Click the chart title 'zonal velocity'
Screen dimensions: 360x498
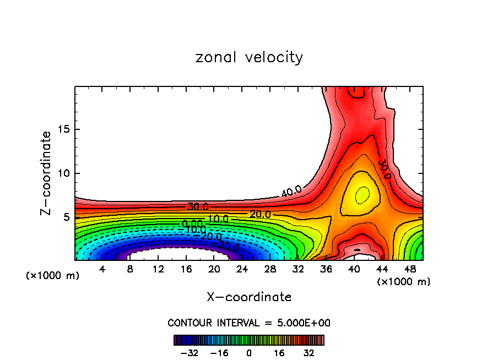[249, 57]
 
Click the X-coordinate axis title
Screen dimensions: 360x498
[249, 297]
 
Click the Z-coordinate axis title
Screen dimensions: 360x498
[46, 173]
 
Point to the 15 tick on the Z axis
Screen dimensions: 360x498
[66, 129]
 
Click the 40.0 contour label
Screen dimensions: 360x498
[291, 192]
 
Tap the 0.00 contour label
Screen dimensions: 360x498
[192, 223]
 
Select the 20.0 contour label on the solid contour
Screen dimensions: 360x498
[260, 214]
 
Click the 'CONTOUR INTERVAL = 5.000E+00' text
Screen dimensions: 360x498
[249, 323]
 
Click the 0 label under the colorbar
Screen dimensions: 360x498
[249, 353]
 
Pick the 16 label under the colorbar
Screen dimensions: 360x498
[279, 353]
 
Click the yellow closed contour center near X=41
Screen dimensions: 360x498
[362, 195]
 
